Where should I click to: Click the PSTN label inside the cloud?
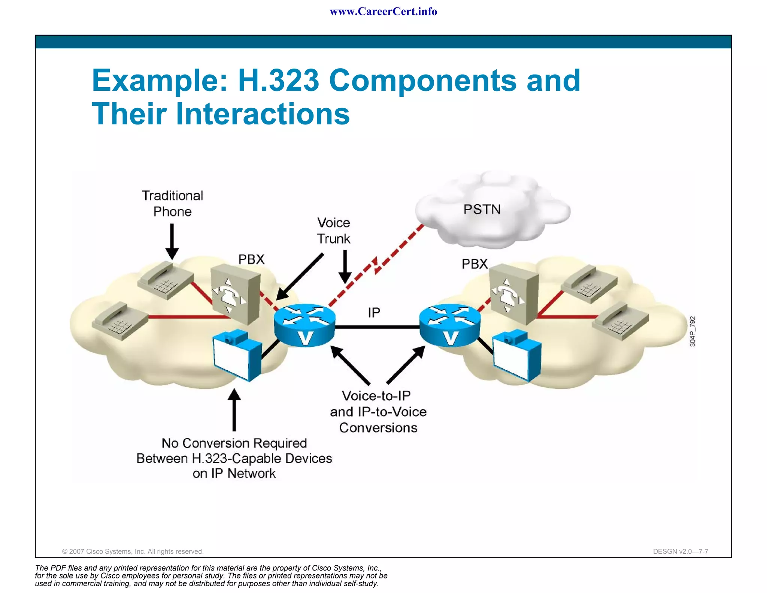click(x=482, y=209)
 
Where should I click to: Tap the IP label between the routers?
click(x=374, y=312)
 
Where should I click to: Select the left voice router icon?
click(x=304, y=325)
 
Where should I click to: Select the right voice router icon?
click(x=450, y=325)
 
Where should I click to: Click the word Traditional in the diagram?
click(x=173, y=195)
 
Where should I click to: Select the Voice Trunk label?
click(x=333, y=231)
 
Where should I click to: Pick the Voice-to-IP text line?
click(x=376, y=396)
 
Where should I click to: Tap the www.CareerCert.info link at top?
click(x=383, y=12)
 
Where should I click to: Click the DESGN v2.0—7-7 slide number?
click(x=680, y=551)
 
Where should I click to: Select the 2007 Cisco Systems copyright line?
click(x=133, y=551)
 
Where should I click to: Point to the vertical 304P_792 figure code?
click(x=692, y=331)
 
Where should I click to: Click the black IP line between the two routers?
click(x=377, y=327)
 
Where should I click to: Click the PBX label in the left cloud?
click(x=251, y=259)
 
